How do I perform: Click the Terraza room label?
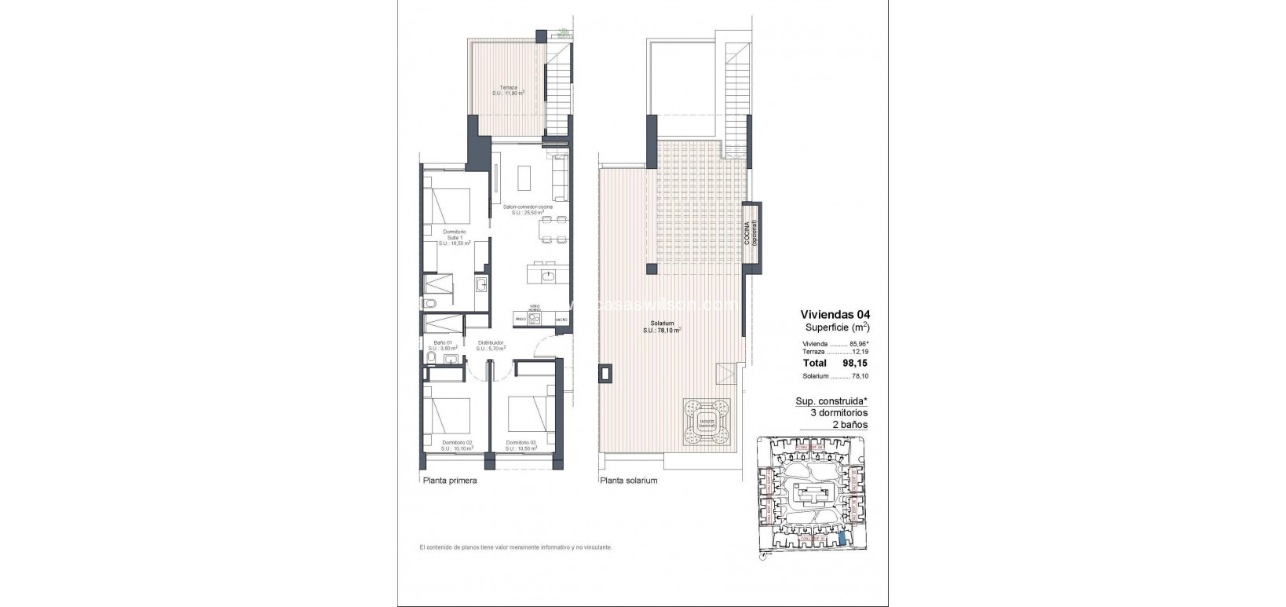pos(508,90)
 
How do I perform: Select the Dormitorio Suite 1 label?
pos(454,237)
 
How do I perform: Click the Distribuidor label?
pos(491,346)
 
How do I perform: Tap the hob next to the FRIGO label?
pos(528,318)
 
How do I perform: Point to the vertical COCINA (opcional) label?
pos(752,235)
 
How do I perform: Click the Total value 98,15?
pos(857,364)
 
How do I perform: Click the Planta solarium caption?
pos(628,481)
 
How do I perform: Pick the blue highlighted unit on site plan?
pos(843,538)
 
